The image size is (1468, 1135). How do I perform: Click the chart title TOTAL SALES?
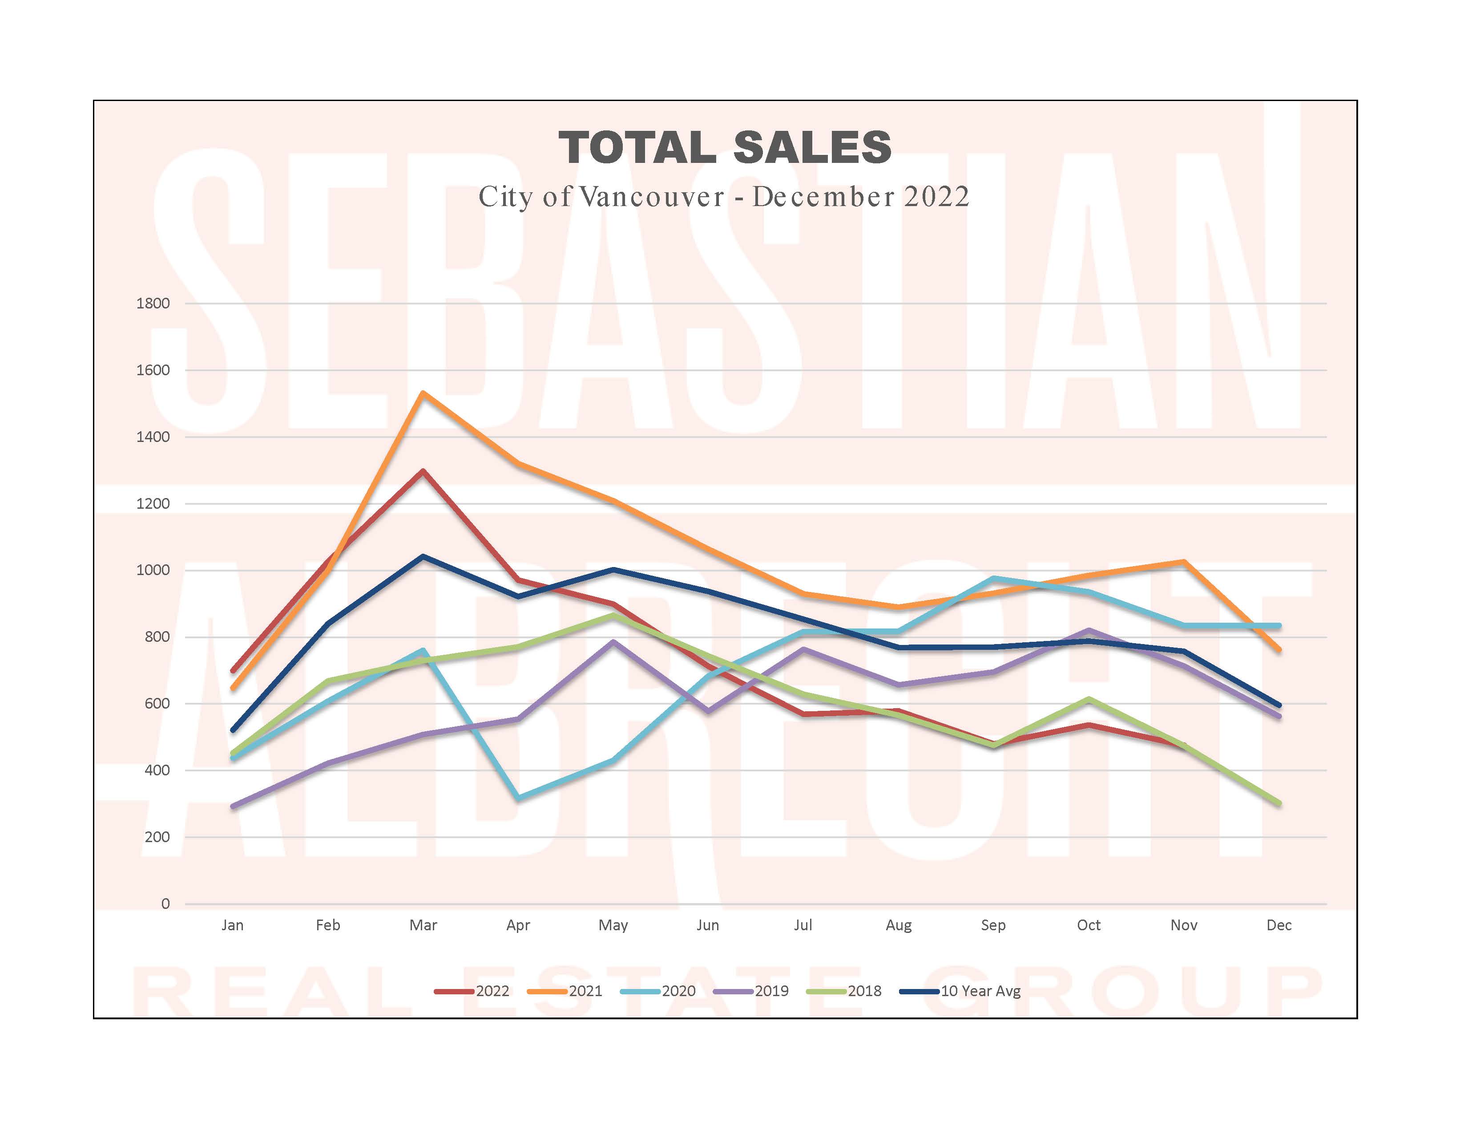725,147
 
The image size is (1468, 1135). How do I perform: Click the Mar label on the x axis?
423,925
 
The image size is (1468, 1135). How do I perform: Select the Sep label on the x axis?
993,925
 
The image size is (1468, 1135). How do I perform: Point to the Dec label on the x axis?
1278,925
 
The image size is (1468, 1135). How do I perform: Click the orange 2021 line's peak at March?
423,393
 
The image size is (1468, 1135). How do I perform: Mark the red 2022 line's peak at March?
423,470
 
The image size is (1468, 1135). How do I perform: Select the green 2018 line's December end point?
1278,803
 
